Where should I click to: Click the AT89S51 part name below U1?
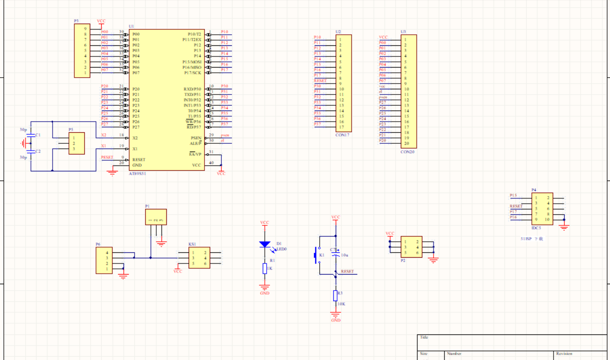(x=137, y=173)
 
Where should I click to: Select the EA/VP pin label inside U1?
(x=195, y=154)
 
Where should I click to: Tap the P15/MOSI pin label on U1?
(x=191, y=62)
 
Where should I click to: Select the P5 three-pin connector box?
(x=76, y=143)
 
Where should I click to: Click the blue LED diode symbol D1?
(x=265, y=244)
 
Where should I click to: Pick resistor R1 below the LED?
(x=265, y=268)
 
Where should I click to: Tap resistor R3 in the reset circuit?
(x=336, y=296)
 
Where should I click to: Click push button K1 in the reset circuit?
(x=317, y=255)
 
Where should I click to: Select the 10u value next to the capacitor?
(x=344, y=255)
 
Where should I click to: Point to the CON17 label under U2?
(x=342, y=135)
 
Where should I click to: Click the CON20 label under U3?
(x=407, y=152)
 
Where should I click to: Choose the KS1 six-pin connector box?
(x=199, y=258)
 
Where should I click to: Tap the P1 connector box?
(x=156, y=217)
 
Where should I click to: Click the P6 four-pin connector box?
(x=104, y=261)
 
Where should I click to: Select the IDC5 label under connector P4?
(x=536, y=228)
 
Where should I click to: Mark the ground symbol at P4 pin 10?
(x=565, y=226)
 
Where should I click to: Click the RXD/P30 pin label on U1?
(x=192, y=89)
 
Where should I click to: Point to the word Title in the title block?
(x=424, y=338)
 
